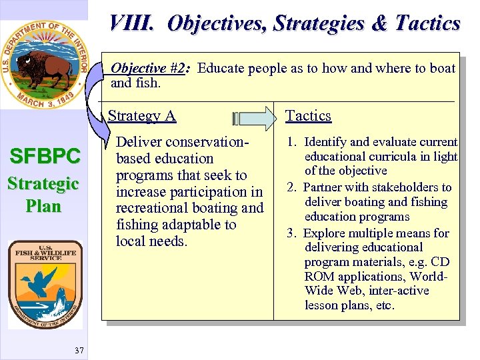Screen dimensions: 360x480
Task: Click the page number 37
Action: click(79, 351)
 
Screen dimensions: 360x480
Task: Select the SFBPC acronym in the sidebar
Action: click(44, 157)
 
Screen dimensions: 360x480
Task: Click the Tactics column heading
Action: click(308, 116)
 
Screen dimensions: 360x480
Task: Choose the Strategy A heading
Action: click(141, 116)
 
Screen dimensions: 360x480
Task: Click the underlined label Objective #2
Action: click(147, 68)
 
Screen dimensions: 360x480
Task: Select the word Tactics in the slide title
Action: click(427, 23)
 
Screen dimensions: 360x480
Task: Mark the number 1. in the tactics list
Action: click(292, 142)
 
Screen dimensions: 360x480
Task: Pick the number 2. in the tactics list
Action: click(292, 187)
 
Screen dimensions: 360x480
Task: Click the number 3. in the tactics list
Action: click(292, 233)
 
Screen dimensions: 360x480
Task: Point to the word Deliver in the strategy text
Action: click(139, 142)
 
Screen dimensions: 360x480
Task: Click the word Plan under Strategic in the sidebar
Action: click(44, 206)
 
